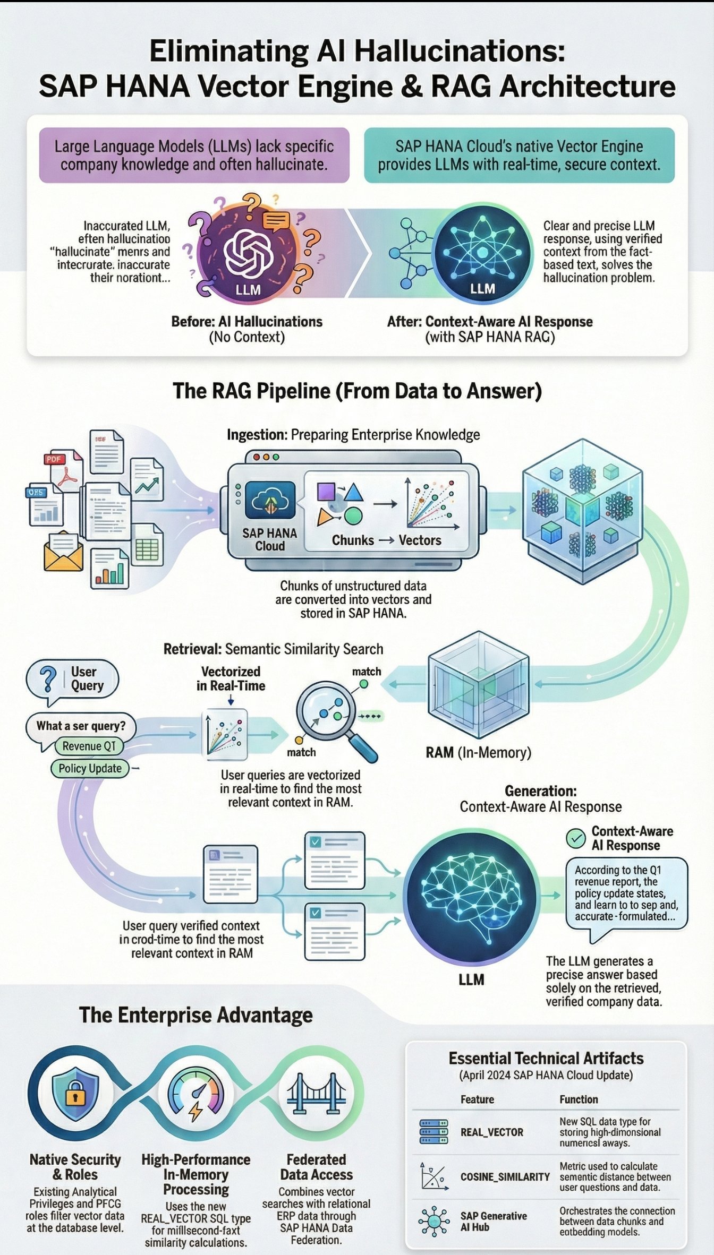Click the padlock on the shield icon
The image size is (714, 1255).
[75, 1095]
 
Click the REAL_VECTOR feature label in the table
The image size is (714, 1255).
[491, 1132]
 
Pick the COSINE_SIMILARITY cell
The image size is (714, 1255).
[505, 1177]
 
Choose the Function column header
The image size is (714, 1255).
[579, 1099]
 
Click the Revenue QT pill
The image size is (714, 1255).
[89, 746]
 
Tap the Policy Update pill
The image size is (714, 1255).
[90, 768]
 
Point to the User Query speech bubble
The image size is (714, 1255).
[73, 679]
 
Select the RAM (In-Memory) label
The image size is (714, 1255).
[478, 752]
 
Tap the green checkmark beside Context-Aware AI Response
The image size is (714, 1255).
[575, 838]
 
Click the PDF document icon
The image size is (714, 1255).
[63, 470]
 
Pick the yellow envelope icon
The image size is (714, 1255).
[63, 553]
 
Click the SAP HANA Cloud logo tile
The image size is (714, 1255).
[270, 500]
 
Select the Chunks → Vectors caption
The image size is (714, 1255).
[386, 540]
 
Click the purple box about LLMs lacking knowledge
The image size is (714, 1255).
[194, 155]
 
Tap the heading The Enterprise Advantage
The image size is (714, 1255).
[195, 1015]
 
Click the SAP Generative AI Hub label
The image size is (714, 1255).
[494, 1221]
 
